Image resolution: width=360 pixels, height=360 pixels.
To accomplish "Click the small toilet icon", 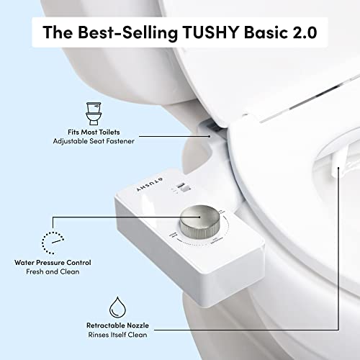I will (x=92, y=114).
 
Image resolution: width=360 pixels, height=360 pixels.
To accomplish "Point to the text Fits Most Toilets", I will (x=92, y=132).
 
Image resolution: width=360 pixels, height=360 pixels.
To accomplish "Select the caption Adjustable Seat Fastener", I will (x=92, y=143).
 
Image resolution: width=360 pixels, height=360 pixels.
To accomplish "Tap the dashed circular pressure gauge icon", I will (x=50, y=241).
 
